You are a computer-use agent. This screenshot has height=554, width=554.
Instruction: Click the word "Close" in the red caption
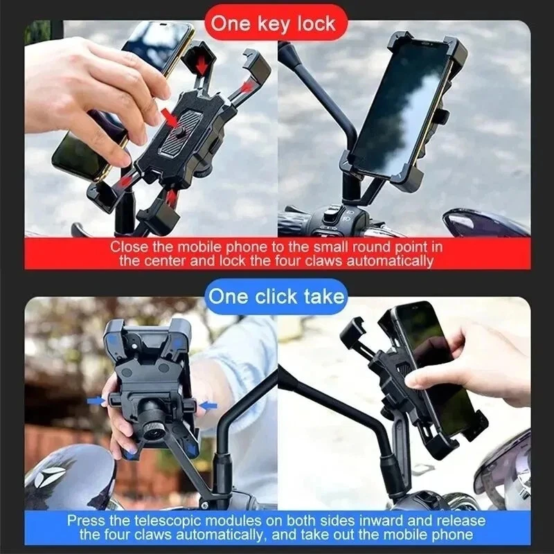click(128, 247)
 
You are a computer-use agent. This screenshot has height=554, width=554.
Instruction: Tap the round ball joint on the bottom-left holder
click(152, 418)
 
